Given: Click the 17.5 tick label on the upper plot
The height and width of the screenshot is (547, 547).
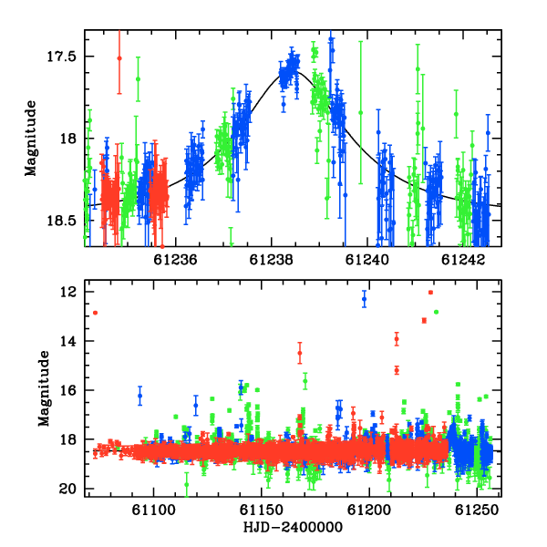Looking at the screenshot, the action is (x=61, y=57).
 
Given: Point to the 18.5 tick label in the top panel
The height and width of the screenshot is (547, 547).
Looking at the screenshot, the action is (x=61, y=221).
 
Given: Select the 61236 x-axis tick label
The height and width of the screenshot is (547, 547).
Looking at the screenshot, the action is (x=175, y=260).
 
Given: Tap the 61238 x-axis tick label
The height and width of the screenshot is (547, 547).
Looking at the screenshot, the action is (x=272, y=260).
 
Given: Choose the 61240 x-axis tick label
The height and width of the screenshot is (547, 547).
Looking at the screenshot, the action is (x=367, y=260).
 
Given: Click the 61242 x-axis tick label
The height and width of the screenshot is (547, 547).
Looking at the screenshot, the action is (x=463, y=260).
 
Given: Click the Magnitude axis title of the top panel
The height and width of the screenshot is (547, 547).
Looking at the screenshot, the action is (x=31, y=139).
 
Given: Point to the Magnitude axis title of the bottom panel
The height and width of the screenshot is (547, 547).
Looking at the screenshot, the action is (x=45, y=388).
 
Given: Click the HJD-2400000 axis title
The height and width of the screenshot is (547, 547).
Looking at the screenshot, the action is (x=293, y=527).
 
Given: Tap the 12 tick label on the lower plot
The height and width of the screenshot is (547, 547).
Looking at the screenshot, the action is (x=68, y=292).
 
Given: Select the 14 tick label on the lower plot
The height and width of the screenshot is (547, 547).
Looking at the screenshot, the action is (x=68, y=341).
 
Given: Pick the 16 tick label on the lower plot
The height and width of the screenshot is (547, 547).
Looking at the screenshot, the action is (x=68, y=390).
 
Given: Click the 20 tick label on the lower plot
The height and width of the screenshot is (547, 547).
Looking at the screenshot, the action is (x=68, y=489).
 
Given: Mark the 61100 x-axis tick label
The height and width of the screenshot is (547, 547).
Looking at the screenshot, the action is (x=153, y=511).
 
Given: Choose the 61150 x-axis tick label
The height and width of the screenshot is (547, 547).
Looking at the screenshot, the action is (x=262, y=511).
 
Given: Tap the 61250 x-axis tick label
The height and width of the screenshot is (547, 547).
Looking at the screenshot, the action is (x=477, y=511).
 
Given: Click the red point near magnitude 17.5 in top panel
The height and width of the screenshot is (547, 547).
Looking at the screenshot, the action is (x=119, y=58).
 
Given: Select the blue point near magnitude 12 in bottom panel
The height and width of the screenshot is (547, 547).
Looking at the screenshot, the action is (x=364, y=299).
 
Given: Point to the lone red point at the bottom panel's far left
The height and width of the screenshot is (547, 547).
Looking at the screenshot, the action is (x=95, y=313).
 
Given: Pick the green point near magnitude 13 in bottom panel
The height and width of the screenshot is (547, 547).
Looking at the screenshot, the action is (x=436, y=312).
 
